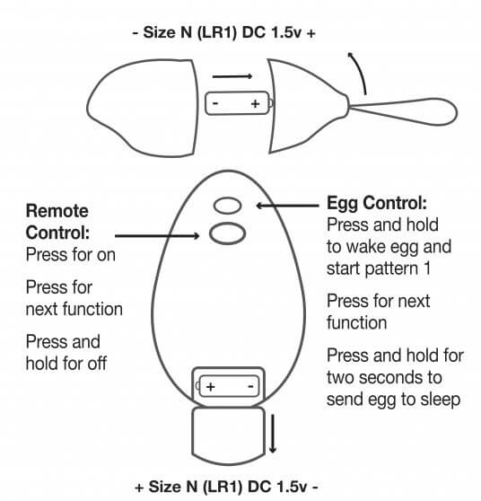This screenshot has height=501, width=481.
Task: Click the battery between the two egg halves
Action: coord(239,103)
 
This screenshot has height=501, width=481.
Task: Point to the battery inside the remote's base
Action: coord(228,386)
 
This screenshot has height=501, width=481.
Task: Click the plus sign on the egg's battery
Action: coord(255,104)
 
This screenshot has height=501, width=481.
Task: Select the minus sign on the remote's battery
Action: coord(250,386)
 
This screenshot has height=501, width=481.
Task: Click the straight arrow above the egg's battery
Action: coord(232,76)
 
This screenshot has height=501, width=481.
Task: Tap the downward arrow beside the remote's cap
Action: coord(273,434)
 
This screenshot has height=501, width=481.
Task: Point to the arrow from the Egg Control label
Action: coord(287,206)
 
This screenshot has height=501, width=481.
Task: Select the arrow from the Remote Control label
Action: coord(157,236)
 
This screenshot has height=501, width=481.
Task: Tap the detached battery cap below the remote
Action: coord(228,435)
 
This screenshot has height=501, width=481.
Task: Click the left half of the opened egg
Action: coord(142,108)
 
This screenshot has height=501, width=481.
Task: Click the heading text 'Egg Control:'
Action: coord(377,203)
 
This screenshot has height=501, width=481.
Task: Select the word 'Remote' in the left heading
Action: coord(57,211)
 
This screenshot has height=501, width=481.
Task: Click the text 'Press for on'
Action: coord(71,255)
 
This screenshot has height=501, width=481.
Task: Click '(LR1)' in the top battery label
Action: coord(217,33)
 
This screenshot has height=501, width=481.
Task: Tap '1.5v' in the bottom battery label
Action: coord(293,487)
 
